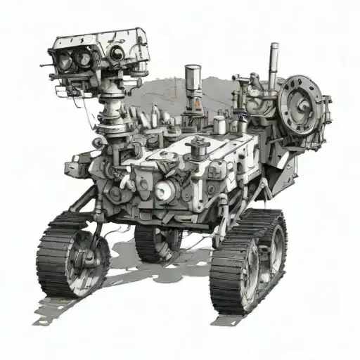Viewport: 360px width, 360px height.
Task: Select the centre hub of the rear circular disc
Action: click(301, 105)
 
